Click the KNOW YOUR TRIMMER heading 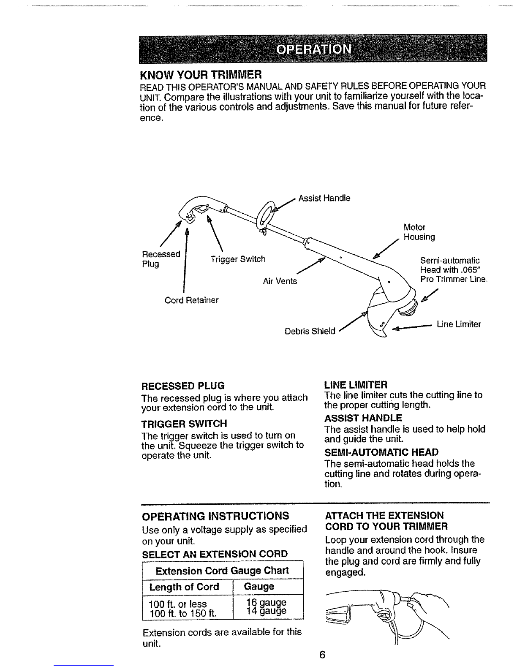(201, 75)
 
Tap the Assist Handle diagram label (324, 198)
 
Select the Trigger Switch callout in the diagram (237, 259)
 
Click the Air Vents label (280, 281)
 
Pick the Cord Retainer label (191, 300)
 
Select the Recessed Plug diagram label (161, 259)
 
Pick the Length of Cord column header (184, 587)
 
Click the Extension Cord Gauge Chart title (222, 571)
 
